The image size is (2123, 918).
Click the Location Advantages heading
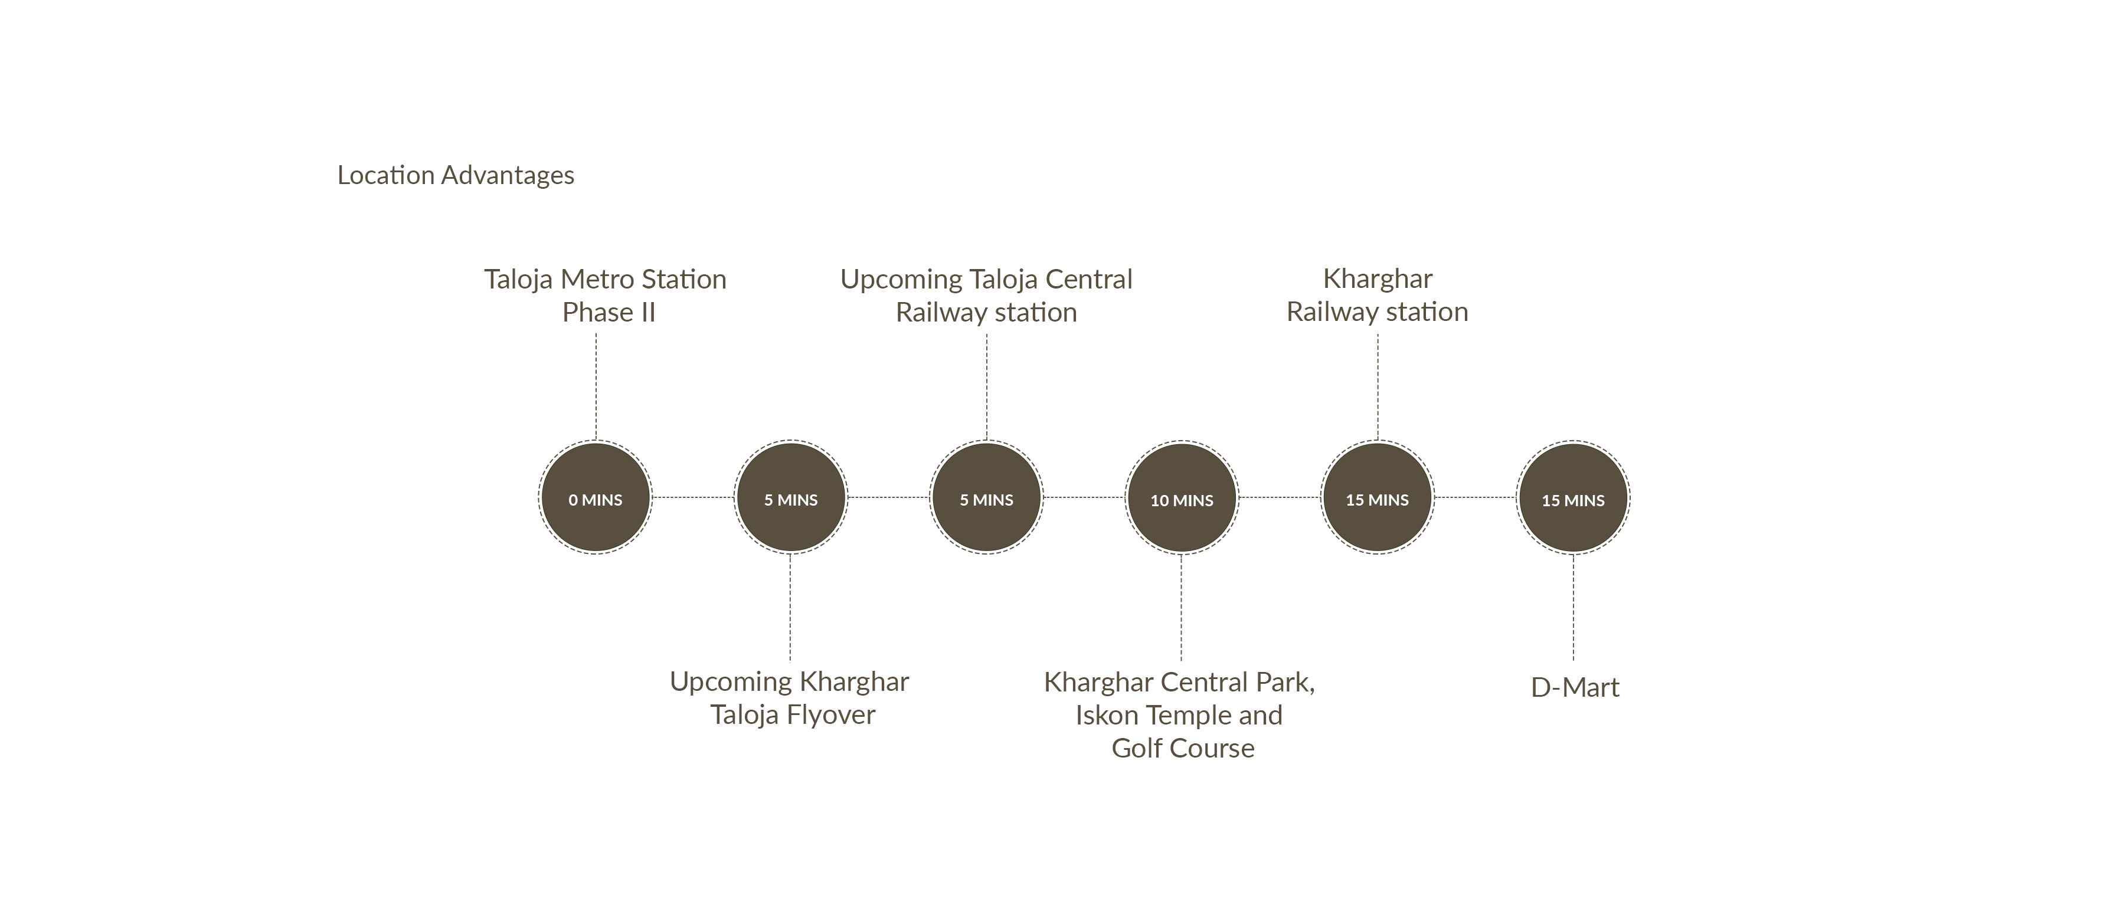click(x=455, y=176)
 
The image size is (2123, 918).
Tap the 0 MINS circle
click(x=595, y=498)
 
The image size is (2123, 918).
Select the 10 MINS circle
click(x=1182, y=498)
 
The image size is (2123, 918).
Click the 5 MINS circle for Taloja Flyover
click(x=790, y=498)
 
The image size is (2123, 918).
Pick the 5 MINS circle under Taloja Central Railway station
click(x=986, y=498)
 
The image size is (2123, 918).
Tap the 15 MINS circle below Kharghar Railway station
click(x=1377, y=498)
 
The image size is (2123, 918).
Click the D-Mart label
click(x=1574, y=687)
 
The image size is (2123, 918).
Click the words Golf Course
click(x=1183, y=748)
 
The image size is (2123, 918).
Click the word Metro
click(x=592, y=280)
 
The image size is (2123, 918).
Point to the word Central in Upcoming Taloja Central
click(x=1089, y=280)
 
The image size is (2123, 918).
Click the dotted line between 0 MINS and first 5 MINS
click(x=692, y=497)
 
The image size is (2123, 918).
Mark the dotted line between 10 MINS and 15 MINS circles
click(x=1279, y=497)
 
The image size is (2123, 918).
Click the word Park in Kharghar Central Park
click(x=1284, y=683)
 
